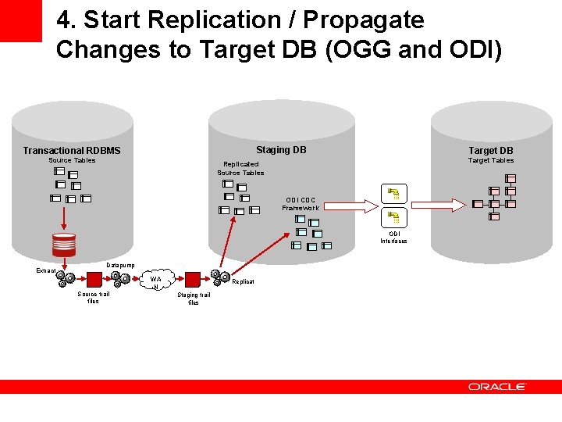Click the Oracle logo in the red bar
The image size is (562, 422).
point(497,387)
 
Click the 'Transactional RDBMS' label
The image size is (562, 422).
point(72,151)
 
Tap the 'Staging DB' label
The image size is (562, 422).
point(281,150)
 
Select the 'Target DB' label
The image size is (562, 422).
point(490,151)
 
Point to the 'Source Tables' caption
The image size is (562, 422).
point(72,161)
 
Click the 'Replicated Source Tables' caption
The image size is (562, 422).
point(240,169)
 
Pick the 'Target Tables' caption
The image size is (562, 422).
point(490,161)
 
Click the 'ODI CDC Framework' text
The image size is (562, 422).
point(301,204)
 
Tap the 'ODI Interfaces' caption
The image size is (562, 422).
point(393,238)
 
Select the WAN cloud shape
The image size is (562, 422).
point(156,281)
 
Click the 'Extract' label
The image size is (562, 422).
point(46,270)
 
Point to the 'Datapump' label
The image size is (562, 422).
point(120,266)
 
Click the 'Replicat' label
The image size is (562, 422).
point(243,281)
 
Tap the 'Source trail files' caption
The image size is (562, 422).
point(93,298)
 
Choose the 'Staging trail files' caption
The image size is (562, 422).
point(193,299)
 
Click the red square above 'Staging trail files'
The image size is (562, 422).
point(192,280)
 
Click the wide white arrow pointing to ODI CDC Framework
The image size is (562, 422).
point(351,206)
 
